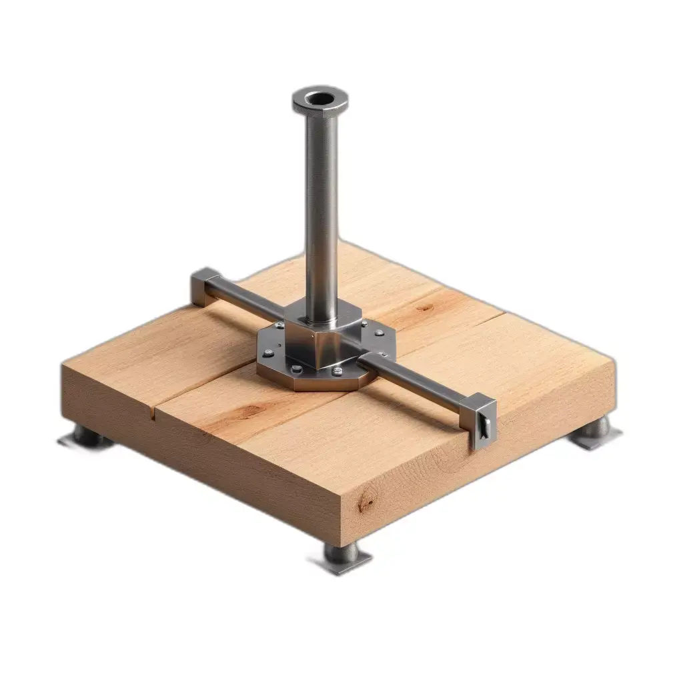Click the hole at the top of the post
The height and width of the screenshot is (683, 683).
pyautogui.click(x=321, y=99)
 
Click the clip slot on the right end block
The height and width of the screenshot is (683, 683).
pyautogui.click(x=485, y=427)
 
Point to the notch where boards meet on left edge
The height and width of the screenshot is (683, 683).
pyautogui.click(x=155, y=417)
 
